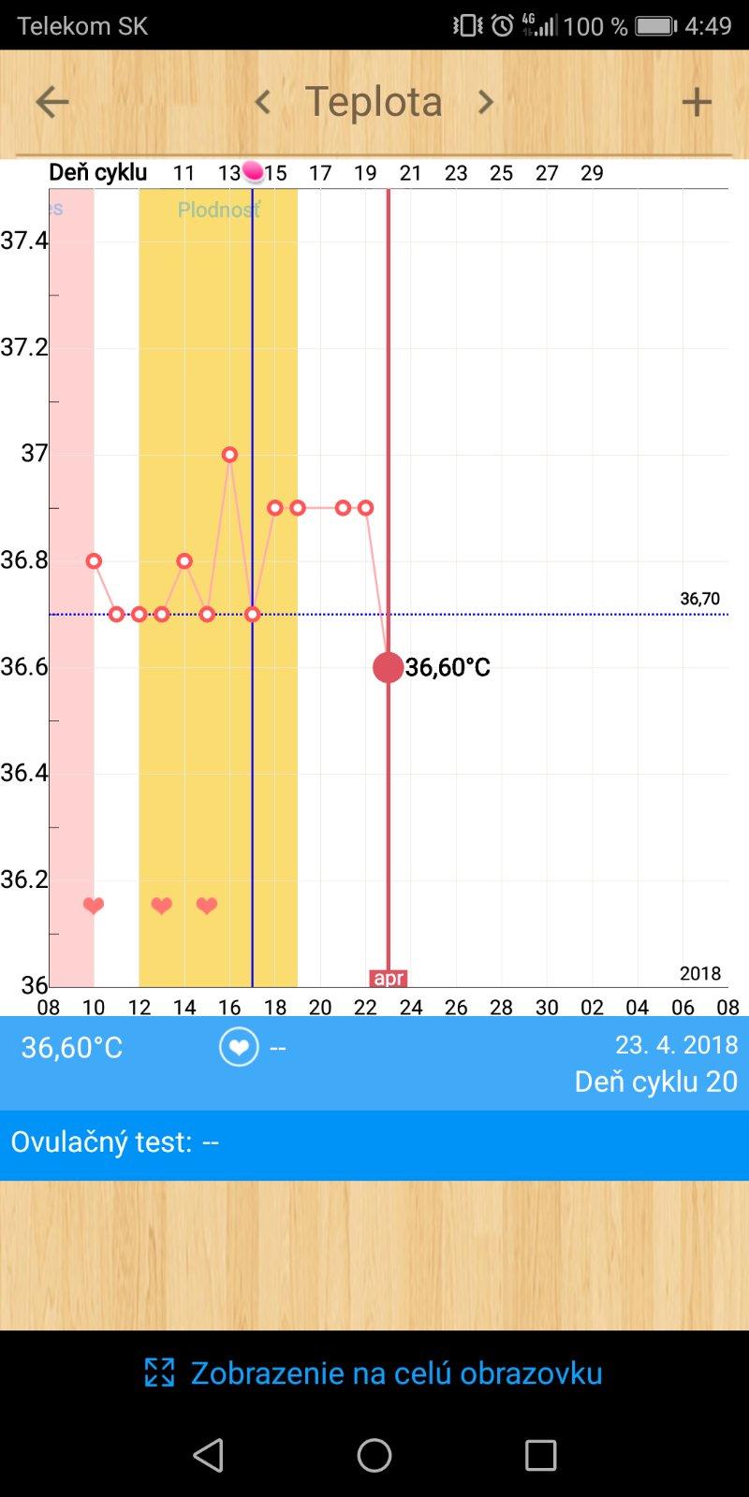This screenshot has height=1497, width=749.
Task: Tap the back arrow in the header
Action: [51, 102]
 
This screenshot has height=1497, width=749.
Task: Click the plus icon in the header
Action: [697, 102]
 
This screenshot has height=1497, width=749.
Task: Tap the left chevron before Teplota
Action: [263, 102]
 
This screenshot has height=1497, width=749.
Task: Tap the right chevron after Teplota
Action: [485, 102]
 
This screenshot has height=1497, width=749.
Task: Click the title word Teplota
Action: [374, 102]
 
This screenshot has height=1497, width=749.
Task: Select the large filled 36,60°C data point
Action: [389, 667]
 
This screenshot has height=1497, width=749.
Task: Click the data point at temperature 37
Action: [229, 455]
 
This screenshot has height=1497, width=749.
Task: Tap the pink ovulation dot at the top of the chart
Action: [253, 171]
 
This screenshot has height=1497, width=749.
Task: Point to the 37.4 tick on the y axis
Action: [24, 240]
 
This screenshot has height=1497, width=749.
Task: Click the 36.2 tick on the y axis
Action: [24, 879]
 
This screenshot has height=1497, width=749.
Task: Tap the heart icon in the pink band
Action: [94, 906]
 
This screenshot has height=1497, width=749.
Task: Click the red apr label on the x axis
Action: [389, 979]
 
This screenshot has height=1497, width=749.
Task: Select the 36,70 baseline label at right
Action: [699, 599]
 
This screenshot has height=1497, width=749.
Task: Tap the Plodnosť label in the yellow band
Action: [219, 210]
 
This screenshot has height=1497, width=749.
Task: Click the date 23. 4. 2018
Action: [676, 1044]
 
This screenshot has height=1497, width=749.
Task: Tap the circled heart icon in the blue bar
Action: [239, 1047]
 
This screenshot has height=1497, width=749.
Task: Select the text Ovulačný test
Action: [101, 1142]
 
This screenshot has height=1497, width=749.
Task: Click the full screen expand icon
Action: [160, 1373]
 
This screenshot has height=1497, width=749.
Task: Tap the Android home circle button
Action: [374, 1455]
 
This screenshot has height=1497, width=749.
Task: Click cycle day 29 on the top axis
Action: [592, 173]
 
